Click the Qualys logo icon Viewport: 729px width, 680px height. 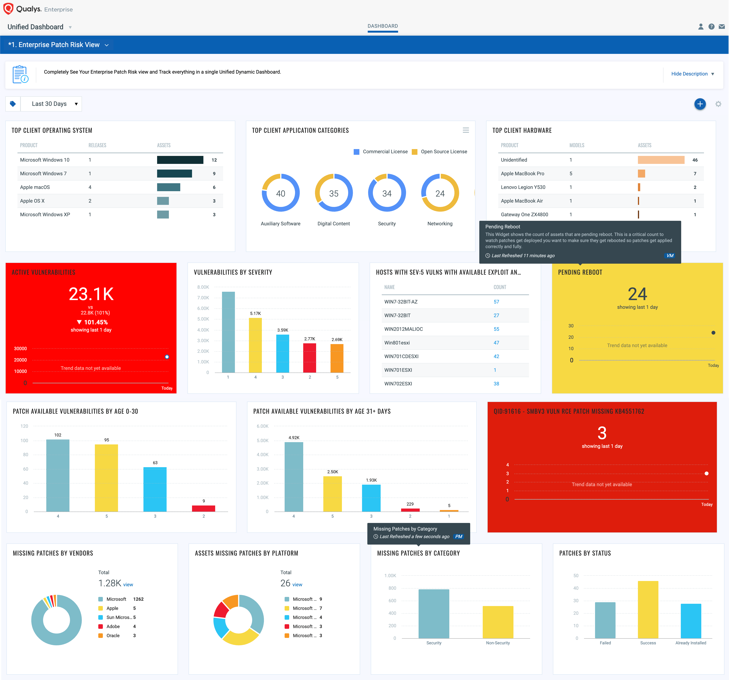tap(8, 8)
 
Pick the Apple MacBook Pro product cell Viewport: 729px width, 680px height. tap(522, 173)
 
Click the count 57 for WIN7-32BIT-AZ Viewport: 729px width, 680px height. tap(496, 302)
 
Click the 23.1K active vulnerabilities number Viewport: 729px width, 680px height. tap(91, 294)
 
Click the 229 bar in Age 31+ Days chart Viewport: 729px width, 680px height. tap(410, 509)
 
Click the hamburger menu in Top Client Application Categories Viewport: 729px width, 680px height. tap(466, 130)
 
